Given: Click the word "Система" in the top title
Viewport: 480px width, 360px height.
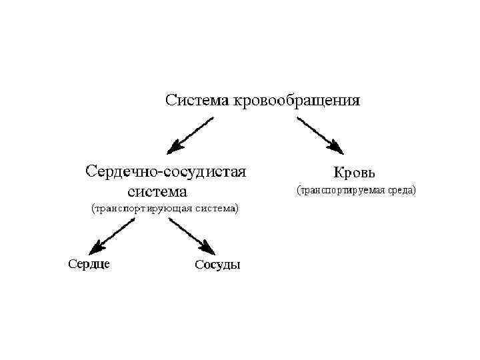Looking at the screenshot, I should pyautogui.click(x=197, y=101).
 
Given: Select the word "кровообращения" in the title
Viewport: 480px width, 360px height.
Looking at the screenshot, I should pyautogui.click(x=295, y=102).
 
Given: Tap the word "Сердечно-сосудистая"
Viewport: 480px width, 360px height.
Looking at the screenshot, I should pyautogui.click(x=166, y=171).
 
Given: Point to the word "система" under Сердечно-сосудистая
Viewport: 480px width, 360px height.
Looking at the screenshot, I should pyautogui.click(x=158, y=192).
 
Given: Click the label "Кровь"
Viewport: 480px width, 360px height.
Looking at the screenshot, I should pyautogui.click(x=359, y=172).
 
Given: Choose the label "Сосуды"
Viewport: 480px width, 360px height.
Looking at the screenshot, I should pyautogui.click(x=217, y=265).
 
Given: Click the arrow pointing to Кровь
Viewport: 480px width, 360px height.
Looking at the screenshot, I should pyautogui.click(x=319, y=135).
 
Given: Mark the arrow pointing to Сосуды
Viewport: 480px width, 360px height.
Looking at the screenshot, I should pyautogui.click(x=189, y=235).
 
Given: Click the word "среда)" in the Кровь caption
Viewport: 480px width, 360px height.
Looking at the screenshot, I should pyautogui.click(x=401, y=191).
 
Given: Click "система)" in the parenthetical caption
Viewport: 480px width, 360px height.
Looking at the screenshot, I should pyautogui.click(x=217, y=209).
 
